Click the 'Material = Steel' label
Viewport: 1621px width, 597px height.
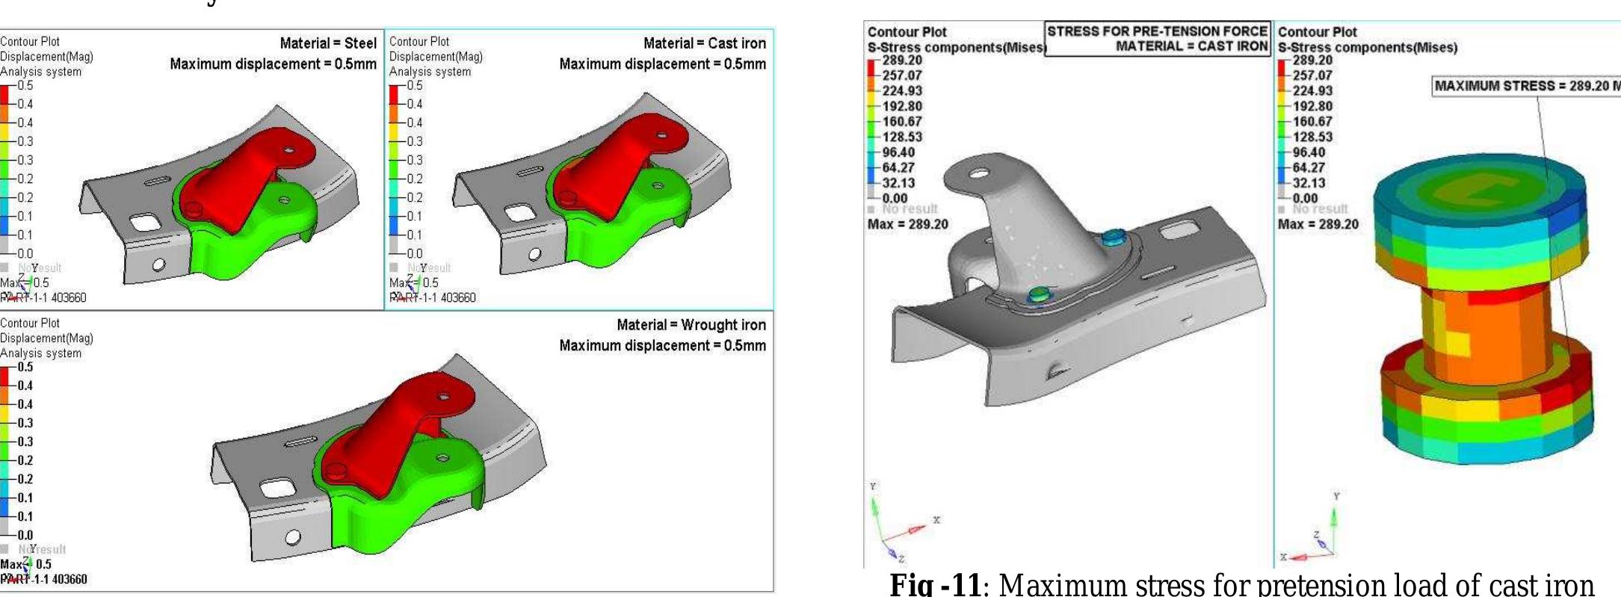[x=328, y=43]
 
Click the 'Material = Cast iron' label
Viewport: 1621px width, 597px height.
[x=704, y=43]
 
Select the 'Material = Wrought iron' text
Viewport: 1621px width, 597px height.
[x=691, y=325]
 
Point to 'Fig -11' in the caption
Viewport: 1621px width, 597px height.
[x=934, y=584]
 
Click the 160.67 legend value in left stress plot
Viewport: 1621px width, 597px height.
[x=902, y=122]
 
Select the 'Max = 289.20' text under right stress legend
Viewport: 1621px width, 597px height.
[x=1318, y=224]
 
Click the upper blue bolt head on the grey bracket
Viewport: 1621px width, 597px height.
[x=1112, y=238]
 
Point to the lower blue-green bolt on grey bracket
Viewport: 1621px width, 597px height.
[x=1037, y=294]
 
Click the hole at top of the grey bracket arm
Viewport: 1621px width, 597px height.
[x=978, y=175]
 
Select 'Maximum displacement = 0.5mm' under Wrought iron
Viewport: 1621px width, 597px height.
[x=662, y=346]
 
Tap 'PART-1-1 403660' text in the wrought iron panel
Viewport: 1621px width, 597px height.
[x=44, y=579]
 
